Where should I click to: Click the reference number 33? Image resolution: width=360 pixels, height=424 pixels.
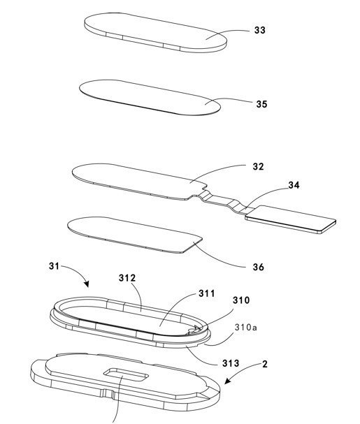[260, 30]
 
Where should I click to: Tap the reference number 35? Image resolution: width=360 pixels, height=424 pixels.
[261, 104]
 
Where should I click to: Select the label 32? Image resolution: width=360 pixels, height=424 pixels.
[258, 166]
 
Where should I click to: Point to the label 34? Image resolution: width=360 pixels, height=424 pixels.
[294, 185]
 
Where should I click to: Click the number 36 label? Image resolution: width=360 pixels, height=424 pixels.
[258, 267]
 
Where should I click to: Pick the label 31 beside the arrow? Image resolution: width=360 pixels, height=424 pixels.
[54, 266]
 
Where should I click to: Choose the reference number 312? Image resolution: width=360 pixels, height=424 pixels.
[127, 278]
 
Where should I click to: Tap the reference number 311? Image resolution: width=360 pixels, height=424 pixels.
[207, 293]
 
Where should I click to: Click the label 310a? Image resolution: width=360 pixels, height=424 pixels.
[246, 328]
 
